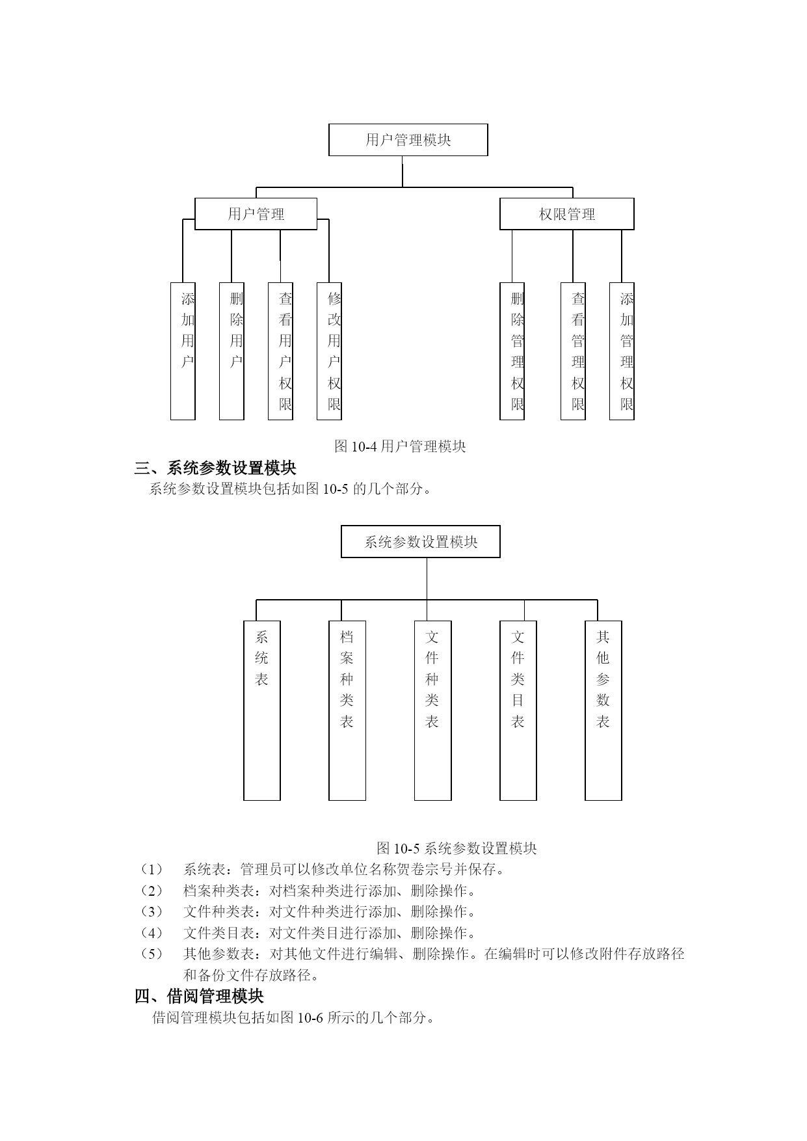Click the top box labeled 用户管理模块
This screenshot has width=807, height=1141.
(408, 140)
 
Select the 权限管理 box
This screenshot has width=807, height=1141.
(566, 214)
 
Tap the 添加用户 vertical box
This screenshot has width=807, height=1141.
(183, 351)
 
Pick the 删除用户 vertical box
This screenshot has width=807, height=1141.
(232, 351)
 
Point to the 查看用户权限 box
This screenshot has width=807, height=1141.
(280, 351)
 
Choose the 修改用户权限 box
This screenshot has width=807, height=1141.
(329, 351)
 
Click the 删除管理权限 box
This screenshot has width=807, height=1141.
(512, 351)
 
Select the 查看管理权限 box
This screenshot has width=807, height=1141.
(573, 351)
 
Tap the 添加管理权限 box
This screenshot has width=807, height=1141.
(622, 351)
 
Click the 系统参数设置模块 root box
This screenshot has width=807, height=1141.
(421, 542)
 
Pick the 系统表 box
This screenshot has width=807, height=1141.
(262, 710)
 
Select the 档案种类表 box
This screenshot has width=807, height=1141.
(347, 710)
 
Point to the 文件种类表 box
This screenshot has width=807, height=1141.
(433, 710)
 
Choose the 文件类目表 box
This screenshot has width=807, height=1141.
(518, 710)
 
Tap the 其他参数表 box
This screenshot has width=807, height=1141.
(603, 710)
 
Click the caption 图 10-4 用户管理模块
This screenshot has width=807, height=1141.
(400, 446)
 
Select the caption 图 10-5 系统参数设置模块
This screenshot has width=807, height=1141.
(456, 848)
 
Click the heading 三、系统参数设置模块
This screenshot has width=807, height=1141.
(215, 468)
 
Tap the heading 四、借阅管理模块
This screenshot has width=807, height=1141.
(199, 997)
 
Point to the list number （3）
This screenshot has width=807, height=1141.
(152, 912)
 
